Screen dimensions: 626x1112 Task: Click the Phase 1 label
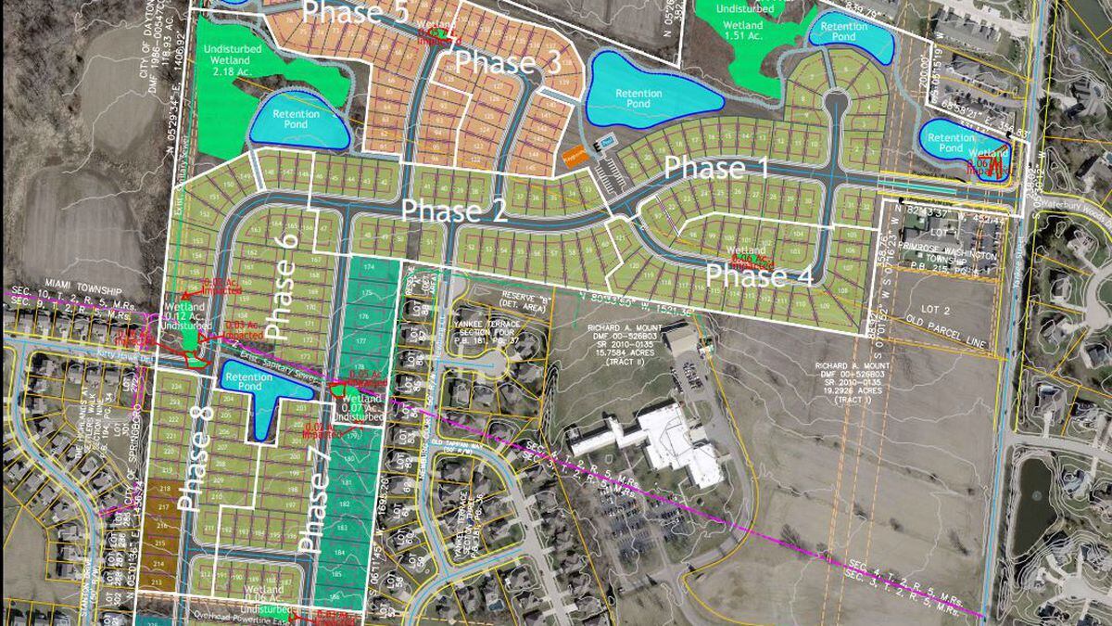pyautogui.click(x=717, y=170)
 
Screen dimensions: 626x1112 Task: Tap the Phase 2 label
pyautogui.click(x=453, y=211)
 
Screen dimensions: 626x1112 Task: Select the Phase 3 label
pyautogui.click(x=509, y=64)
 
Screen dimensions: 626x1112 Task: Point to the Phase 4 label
pyautogui.click(x=760, y=276)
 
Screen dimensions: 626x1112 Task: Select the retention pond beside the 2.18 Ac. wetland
pyautogui.click(x=298, y=120)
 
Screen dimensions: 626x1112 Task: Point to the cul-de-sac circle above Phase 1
pyautogui.click(x=836, y=102)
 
